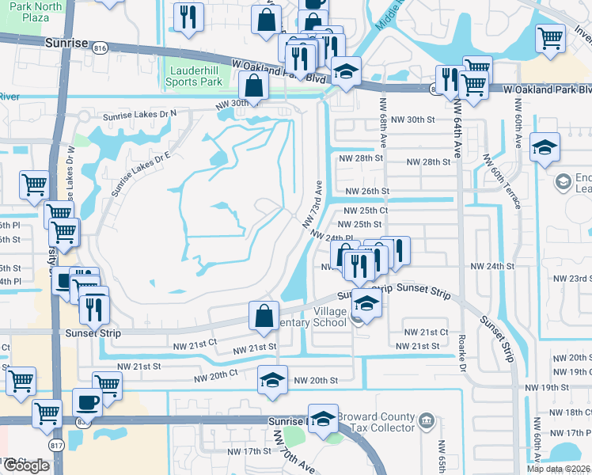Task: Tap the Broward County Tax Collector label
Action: [x=375, y=422]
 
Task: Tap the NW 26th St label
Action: [x=367, y=192]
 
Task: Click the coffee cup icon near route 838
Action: [x=88, y=401]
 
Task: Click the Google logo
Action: [x=26, y=465]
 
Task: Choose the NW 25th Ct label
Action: [x=366, y=211]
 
